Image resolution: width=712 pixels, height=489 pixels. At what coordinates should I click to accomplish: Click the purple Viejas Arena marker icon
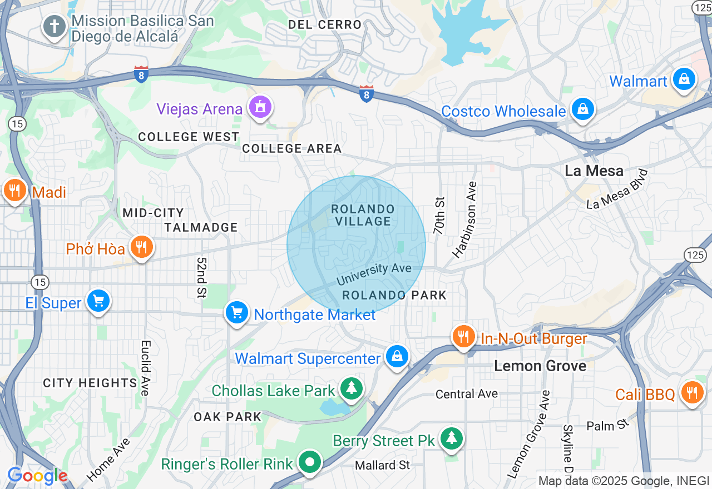pos(260,107)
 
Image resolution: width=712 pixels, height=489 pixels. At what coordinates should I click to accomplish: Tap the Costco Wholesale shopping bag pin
pos(582,109)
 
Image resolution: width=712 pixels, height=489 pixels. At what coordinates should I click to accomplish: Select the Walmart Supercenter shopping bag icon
pos(397,356)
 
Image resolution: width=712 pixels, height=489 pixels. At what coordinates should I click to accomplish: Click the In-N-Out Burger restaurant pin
pos(463,336)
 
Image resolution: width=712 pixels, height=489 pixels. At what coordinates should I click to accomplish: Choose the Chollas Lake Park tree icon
pos(351,388)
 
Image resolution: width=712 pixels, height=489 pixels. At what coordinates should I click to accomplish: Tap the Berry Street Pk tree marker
pos(451,438)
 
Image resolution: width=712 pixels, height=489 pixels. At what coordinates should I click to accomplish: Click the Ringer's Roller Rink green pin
pos(310,462)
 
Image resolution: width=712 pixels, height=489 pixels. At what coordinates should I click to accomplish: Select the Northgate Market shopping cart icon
pos(238,312)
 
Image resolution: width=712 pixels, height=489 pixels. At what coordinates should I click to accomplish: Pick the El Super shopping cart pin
pos(98,301)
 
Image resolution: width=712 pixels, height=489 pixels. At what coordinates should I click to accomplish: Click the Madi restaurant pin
pos(14,191)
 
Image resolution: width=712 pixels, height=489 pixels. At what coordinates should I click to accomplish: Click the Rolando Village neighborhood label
pos(363,215)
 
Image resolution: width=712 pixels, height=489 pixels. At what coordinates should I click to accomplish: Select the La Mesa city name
pos(594,171)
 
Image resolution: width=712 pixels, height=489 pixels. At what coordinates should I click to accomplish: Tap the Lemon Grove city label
pos(540,366)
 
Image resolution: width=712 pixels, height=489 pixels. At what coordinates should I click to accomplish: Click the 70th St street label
pos(439,216)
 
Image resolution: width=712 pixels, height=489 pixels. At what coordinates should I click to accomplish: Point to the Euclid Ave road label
pos(145,368)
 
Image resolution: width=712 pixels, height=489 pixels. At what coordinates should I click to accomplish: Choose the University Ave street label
pos(374,273)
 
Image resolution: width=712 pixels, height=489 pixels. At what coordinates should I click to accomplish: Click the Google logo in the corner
pos(37,476)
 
